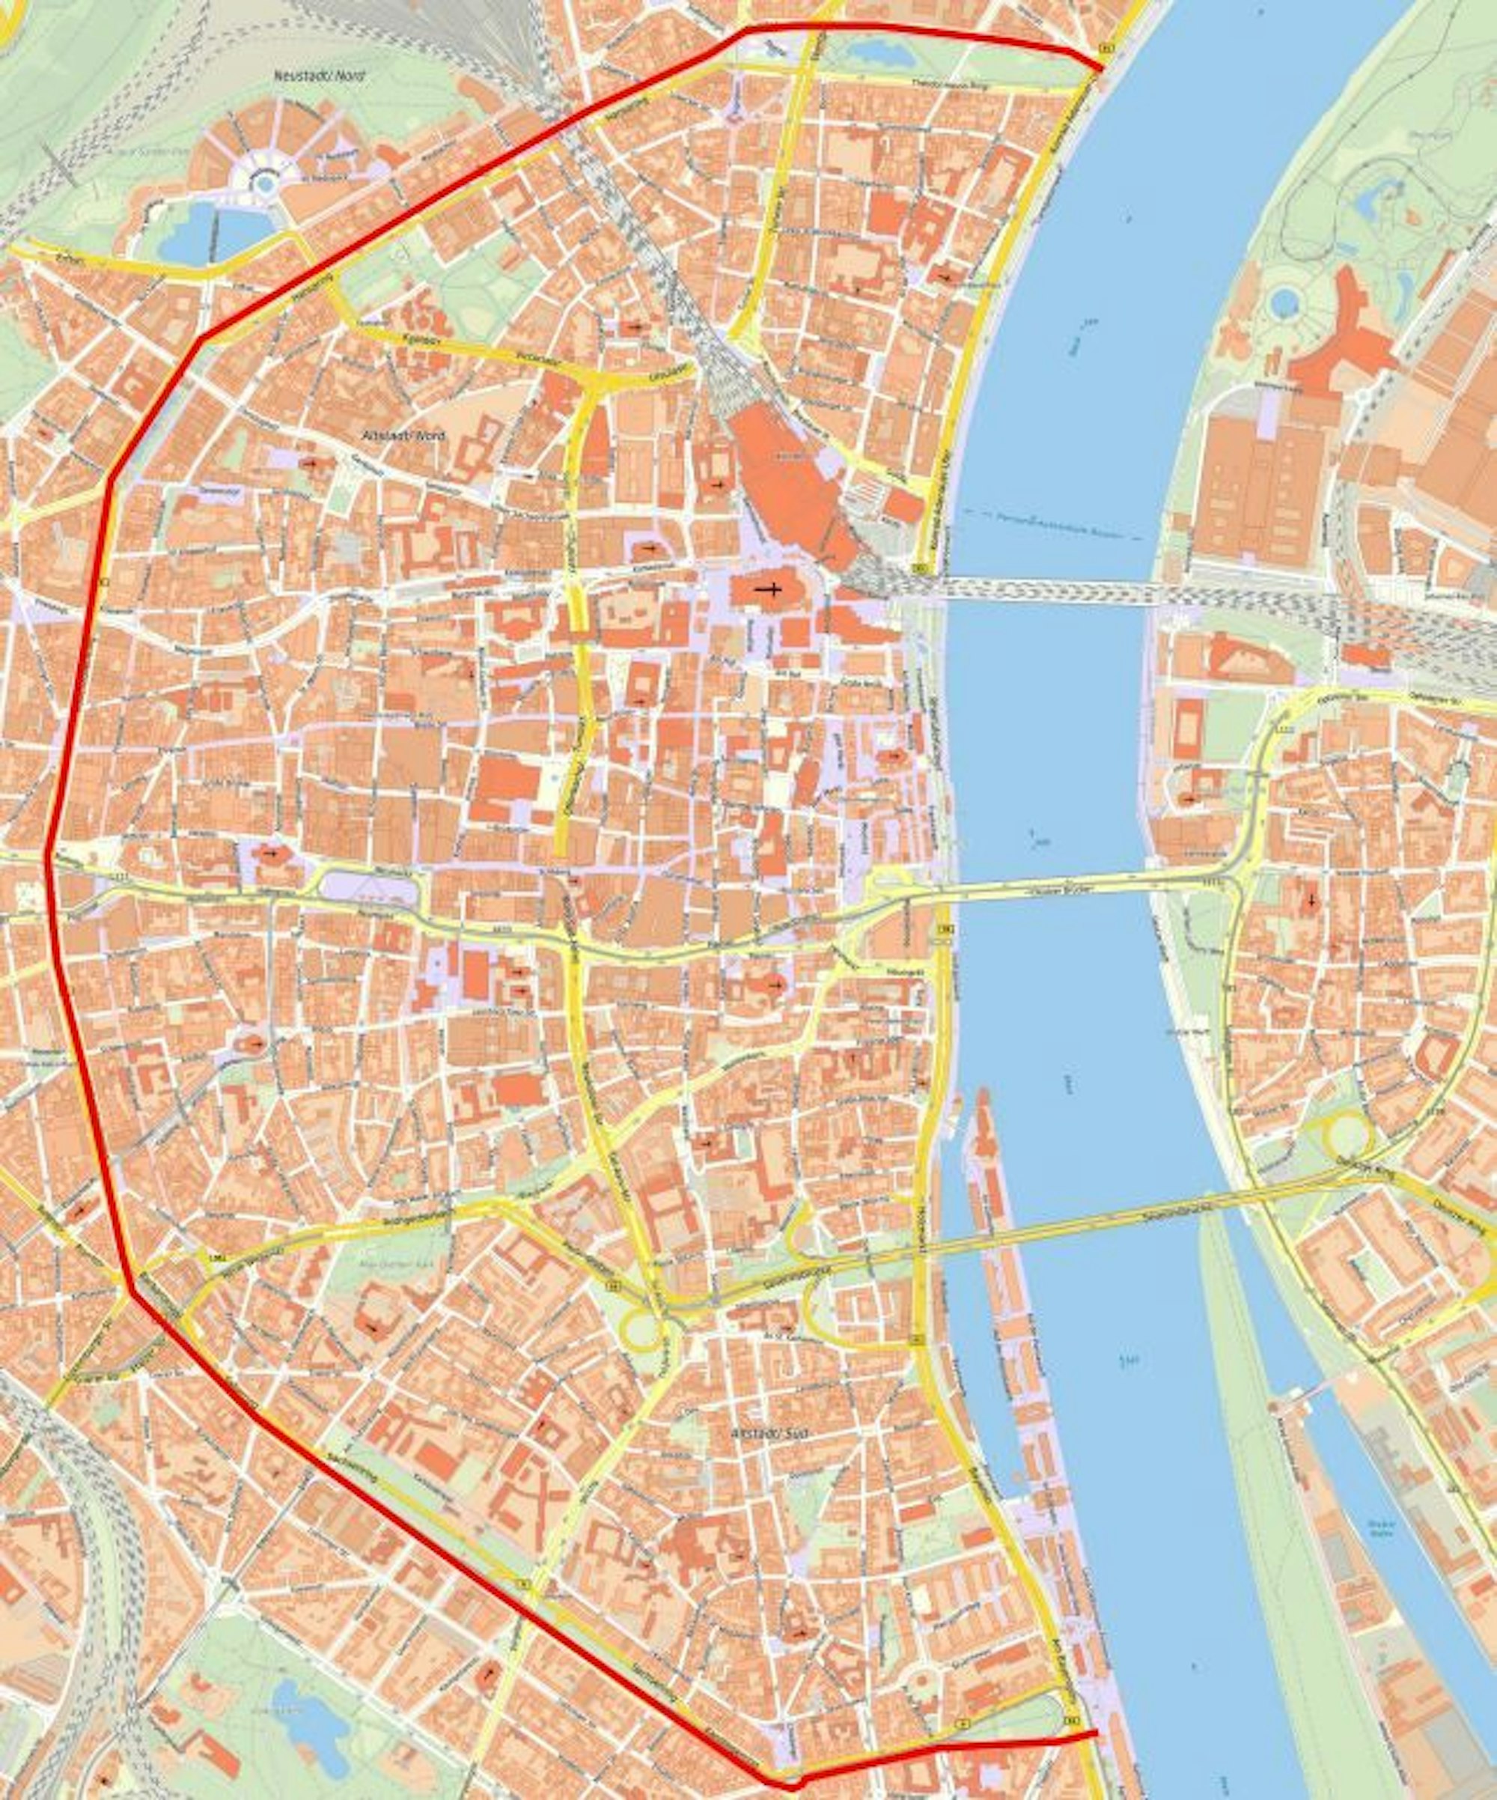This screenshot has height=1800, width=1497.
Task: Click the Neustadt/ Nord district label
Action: [x=319, y=76]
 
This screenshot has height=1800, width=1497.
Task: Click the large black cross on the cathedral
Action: [x=768, y=590]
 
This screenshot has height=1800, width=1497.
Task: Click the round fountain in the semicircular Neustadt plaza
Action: [x=266, y=183]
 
